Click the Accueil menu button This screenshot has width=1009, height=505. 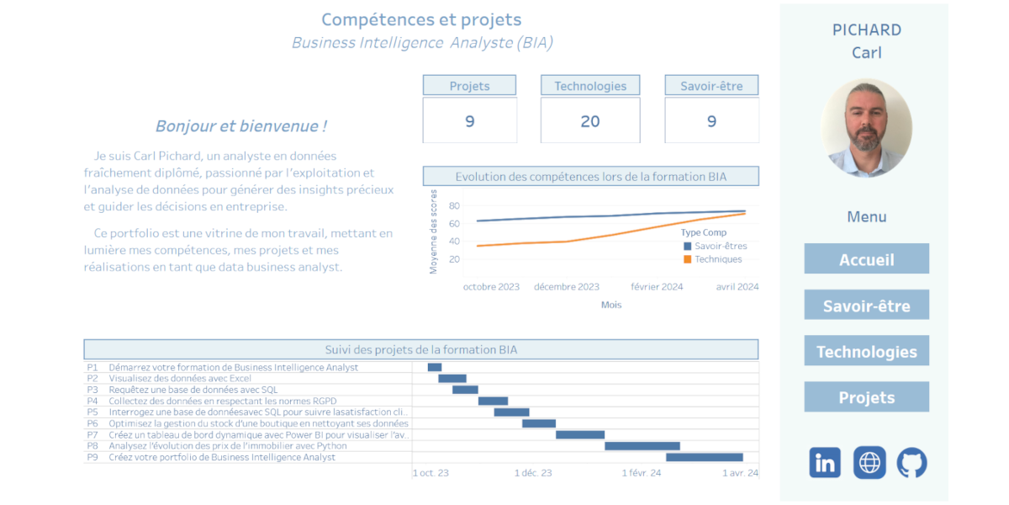tap(866, 259)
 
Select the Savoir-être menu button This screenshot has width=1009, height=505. tap(866, 306)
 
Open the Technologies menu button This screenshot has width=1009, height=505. tap(866, 351)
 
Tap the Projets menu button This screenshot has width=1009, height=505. tap(866, 397)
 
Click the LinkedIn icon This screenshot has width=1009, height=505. tap(825, 463)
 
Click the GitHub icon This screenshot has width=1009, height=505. tap(911, 463)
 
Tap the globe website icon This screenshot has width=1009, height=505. tap(869, 463)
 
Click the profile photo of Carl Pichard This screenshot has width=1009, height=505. tap(866, 128)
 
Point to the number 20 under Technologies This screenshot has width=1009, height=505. tap(590, 121)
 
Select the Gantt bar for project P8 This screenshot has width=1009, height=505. tap(642, 446)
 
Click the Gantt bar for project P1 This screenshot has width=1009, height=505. tap(435, 367)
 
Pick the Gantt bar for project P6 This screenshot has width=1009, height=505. tap(539, 423)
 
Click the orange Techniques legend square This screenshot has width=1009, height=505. tap(687, 259)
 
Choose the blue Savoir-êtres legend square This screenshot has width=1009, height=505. tap(687, 246)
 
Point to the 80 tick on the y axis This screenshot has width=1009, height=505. tap(454, 205)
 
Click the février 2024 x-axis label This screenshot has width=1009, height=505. tap(657, 287)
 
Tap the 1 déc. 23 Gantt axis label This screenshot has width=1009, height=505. tap(533, 473)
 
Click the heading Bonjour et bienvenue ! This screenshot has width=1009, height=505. tap(241, 126)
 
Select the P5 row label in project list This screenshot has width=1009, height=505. tap(92, 412)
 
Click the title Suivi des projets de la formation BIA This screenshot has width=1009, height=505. tap(420, 349)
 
